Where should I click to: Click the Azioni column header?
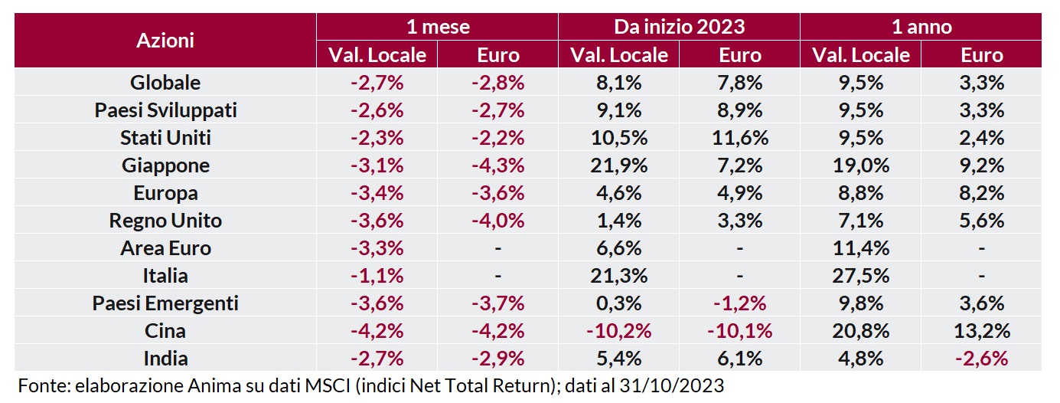point(165,41)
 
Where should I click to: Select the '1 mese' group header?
point(437,27)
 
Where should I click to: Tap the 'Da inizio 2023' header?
point(679,27)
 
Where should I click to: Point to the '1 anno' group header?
point(921,27)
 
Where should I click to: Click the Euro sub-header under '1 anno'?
point(982,55)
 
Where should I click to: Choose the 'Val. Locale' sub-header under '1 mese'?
point(377,55)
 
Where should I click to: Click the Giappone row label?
point(165,165)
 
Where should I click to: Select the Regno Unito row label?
point(165,221)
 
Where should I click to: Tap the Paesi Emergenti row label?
point(165,303)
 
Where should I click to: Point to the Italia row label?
point(165,276)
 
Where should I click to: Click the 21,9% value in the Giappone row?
point(618,165)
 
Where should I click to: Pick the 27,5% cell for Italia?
point(861,276)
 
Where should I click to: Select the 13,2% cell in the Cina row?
point(982,331)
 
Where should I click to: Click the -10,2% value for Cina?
point(618,331)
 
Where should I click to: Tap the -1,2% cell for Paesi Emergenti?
point(740,303)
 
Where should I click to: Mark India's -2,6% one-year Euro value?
point(982,359)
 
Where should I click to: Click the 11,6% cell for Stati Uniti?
point(740,138)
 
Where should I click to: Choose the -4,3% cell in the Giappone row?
point(498,165)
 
